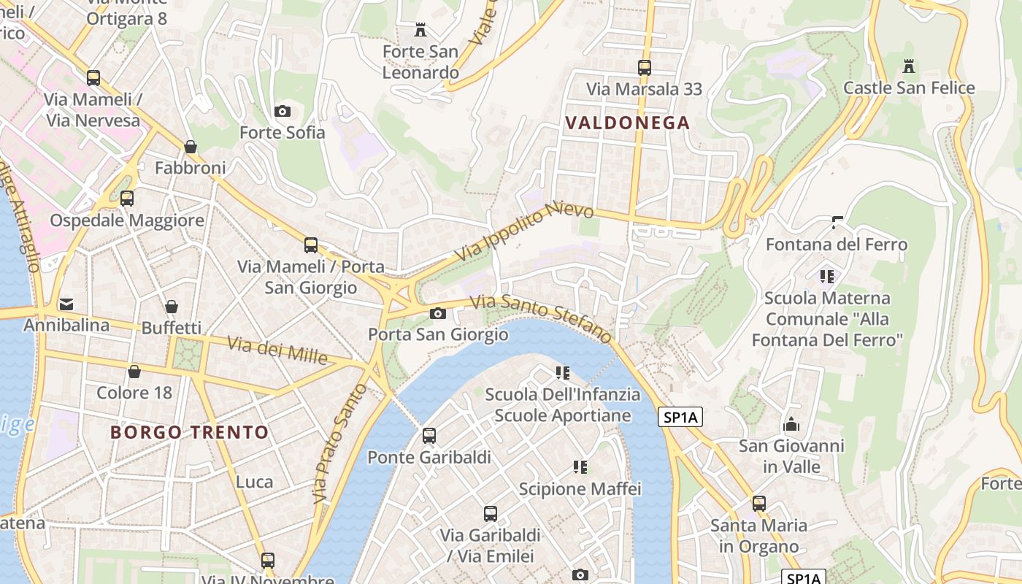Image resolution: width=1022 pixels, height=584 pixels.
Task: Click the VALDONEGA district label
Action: coord(627,123)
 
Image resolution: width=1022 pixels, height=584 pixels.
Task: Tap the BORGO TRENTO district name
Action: coord(190,432)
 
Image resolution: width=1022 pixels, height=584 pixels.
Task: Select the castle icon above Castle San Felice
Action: coord(909,66)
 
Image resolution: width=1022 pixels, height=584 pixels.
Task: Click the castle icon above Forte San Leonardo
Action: coord(420,30)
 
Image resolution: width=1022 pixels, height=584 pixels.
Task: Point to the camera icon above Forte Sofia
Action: coord(283,111)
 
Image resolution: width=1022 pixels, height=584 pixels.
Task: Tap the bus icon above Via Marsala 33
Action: coord(645,68)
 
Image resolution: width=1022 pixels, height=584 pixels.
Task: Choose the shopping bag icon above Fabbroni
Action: coord(191,147)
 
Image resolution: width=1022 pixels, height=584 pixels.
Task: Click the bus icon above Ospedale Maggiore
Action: coord(127,199)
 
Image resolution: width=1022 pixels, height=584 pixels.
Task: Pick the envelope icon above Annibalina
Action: coord(66,304)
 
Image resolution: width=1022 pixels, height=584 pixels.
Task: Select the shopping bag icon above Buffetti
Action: coord(172,307)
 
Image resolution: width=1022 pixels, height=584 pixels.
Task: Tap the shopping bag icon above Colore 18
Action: coord(134,372)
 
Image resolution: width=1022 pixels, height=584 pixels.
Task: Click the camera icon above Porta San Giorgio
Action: coord(438,314)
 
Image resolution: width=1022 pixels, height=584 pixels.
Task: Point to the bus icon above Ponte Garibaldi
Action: coord(429,436)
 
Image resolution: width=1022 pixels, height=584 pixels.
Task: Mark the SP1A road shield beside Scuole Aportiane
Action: coord(680,417)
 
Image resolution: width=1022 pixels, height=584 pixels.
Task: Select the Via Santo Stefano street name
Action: coord(541,318)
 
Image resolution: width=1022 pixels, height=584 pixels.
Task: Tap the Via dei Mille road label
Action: coord(277,350)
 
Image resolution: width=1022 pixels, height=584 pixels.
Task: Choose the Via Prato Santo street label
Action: coord(340,443)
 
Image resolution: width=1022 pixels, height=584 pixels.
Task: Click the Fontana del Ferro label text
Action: coord(837,245)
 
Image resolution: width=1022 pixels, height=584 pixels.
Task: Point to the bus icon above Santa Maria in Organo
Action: coord(759,504)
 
